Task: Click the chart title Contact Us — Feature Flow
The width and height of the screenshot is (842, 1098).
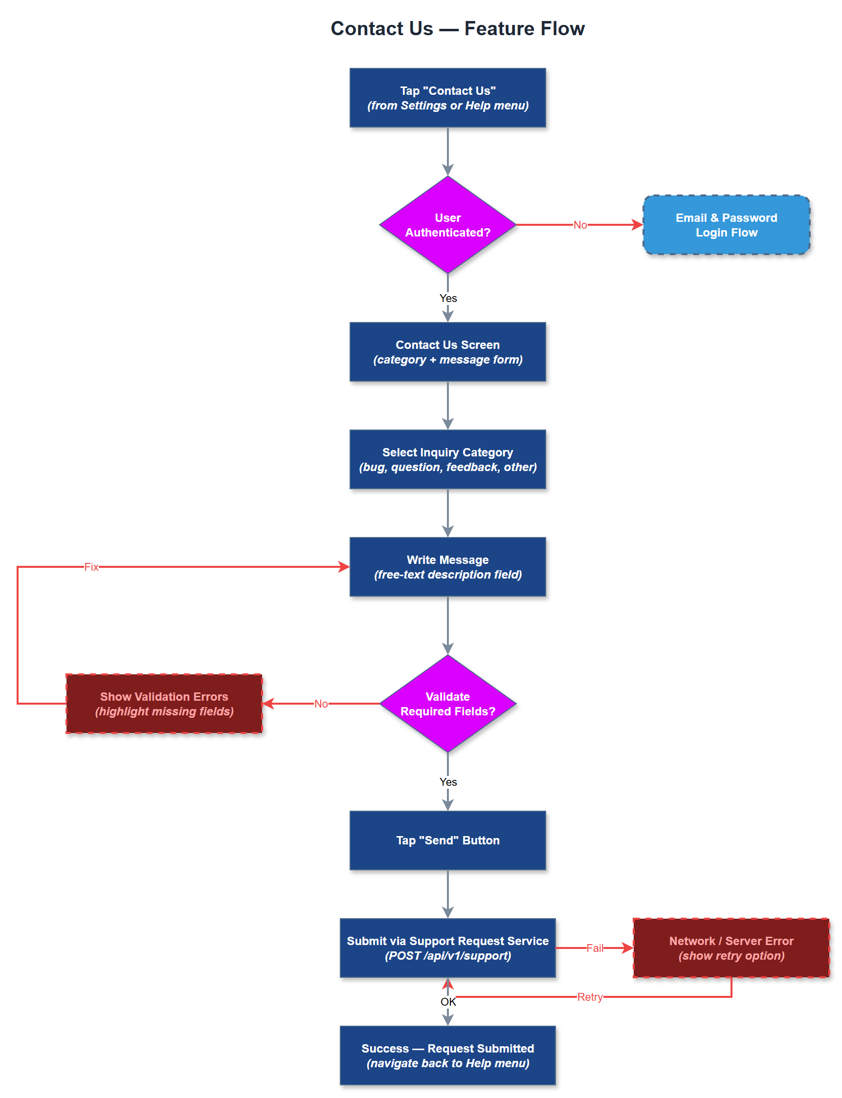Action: (x=457, y=28)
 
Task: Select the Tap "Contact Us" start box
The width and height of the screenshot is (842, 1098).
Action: (x=447, y=98)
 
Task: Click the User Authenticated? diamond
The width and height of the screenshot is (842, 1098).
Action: (x=447, y=225)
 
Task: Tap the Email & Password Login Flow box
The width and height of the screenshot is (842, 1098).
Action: (x=726, y=225)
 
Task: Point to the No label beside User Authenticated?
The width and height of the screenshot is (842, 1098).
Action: (x=580, y=225)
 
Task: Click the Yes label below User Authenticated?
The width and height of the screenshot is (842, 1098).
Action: (x=447, y=298)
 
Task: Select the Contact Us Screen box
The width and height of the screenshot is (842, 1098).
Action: (x=447, y=352)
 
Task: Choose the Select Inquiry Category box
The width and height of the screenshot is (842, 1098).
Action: (x=447, y=459)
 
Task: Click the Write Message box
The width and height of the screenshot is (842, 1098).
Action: (x=447, y=567)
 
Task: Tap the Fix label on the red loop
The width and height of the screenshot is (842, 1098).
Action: (x=91, y=567)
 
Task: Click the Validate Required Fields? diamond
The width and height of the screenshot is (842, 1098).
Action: (x=447, y=704)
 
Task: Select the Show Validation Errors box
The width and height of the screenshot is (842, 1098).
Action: (x=164, y=704)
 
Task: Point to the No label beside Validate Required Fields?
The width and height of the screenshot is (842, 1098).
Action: (x=321, y=704)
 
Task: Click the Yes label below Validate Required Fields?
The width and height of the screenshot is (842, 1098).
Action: (x=447, y=782)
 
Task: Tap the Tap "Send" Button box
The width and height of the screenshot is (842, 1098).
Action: (x=447, y=840)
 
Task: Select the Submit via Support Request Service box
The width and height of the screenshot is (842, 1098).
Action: (x=447, y=947)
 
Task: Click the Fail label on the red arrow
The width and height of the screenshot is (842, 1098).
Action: (x=595, y=947)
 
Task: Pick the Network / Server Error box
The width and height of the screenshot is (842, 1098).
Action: (x=731, y=947)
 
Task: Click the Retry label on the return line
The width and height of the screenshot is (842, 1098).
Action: (x=590, y=997)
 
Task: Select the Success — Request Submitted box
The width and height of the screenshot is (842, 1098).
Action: (x=447, y=1055)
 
